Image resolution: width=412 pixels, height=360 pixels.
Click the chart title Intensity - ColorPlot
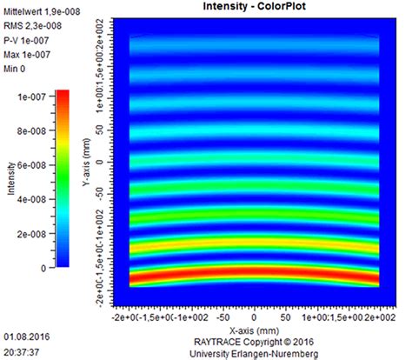tap(253, 7)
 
